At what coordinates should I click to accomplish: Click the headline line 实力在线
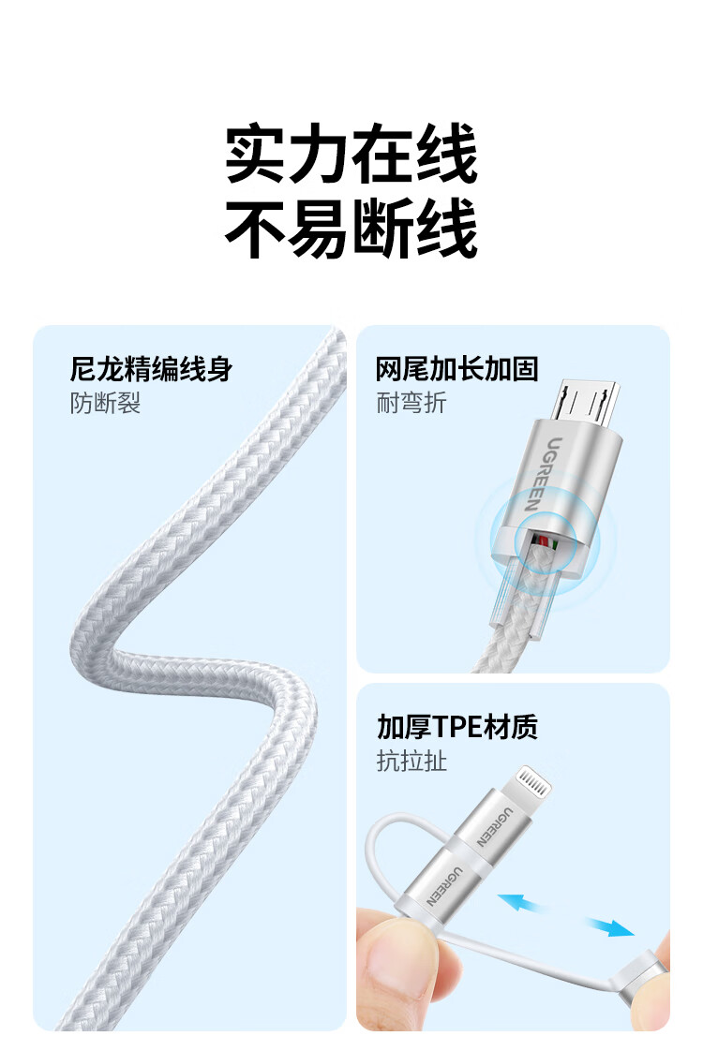pos(351,154)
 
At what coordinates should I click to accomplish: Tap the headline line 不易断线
pos(351,229)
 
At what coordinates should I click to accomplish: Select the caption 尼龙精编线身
pos(152,369)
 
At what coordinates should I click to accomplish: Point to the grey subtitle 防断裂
pos(105,403)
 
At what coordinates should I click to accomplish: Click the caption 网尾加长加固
pos(456,369)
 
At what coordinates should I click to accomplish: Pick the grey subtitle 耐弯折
pos(411,403)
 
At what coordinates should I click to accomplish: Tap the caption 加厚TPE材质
pos(456,727)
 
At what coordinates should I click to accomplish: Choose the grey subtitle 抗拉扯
pos(411,761)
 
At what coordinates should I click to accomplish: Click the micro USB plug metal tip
pos(585,403)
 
